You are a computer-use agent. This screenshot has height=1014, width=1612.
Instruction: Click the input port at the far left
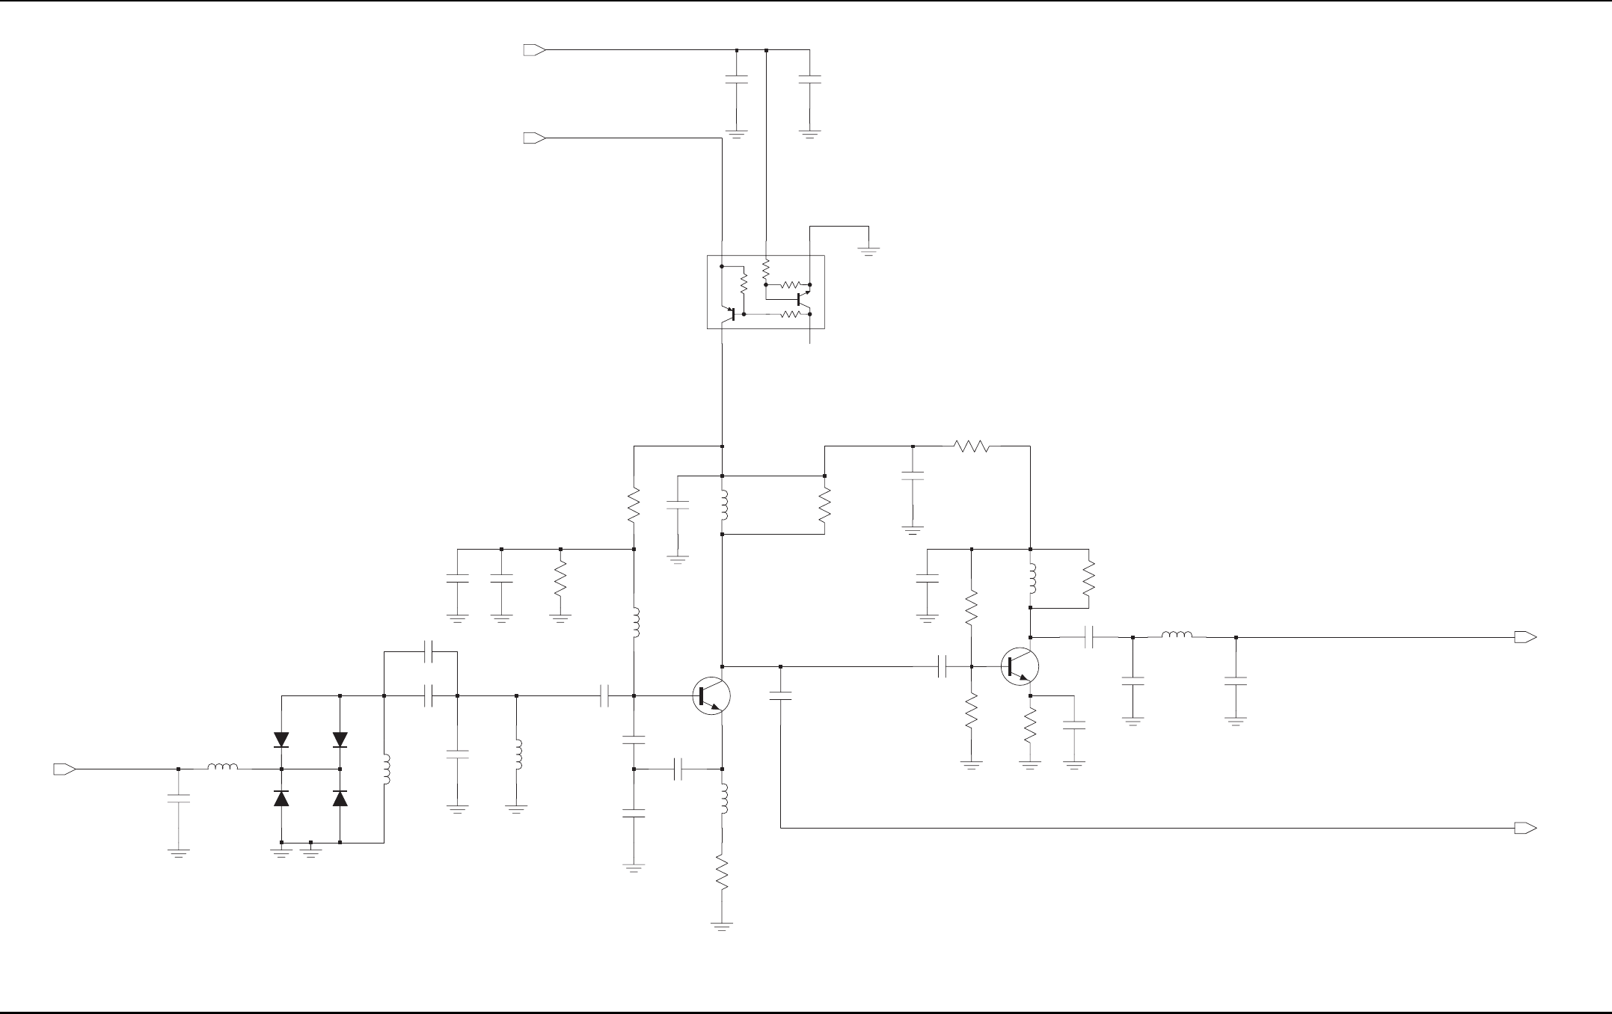coord(64,769)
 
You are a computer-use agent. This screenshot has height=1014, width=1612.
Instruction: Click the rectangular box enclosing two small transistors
coord(765,292)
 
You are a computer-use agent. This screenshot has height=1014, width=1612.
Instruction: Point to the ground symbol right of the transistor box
coord(868,251)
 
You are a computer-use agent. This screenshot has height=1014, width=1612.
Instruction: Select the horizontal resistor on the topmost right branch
coord(972,446)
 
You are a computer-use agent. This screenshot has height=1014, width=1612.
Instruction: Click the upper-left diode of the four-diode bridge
coord(281,740)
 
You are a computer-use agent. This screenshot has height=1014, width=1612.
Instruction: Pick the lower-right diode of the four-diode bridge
coord(340,798)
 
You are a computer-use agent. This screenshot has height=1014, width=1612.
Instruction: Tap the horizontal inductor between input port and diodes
coord(223,768)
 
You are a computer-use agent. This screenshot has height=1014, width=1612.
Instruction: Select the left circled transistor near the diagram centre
coord(711,696)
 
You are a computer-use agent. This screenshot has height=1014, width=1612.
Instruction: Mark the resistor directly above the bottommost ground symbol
coord(722,873)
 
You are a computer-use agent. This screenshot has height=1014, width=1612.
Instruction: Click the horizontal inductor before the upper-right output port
coord(1177,637)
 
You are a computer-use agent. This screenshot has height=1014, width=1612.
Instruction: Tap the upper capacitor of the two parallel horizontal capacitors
coord(428,652)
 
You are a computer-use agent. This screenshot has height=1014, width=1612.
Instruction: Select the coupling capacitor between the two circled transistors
coord(943,666)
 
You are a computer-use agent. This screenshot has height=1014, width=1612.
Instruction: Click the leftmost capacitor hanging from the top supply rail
coord(737,79)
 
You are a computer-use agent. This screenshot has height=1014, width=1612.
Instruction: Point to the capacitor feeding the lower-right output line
coord(780,696)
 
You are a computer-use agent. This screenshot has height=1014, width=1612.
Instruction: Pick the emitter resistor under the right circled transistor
coord(1030,725)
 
